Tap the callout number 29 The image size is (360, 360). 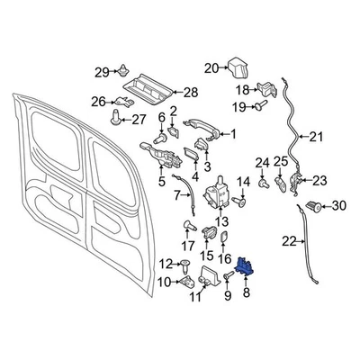coord(101,72)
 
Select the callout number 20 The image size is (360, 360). coord(211,67)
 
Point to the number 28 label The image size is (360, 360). coord(190,93)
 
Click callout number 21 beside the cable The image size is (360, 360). coord(313,138)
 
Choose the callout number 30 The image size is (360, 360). coord(337,206)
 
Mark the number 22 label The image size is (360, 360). coord(288,240)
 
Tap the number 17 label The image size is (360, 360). coord(187,245)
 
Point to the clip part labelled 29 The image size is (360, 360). coord(123,72)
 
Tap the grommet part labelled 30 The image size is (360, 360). coord(314,206)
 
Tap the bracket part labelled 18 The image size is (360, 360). coord(268,89)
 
